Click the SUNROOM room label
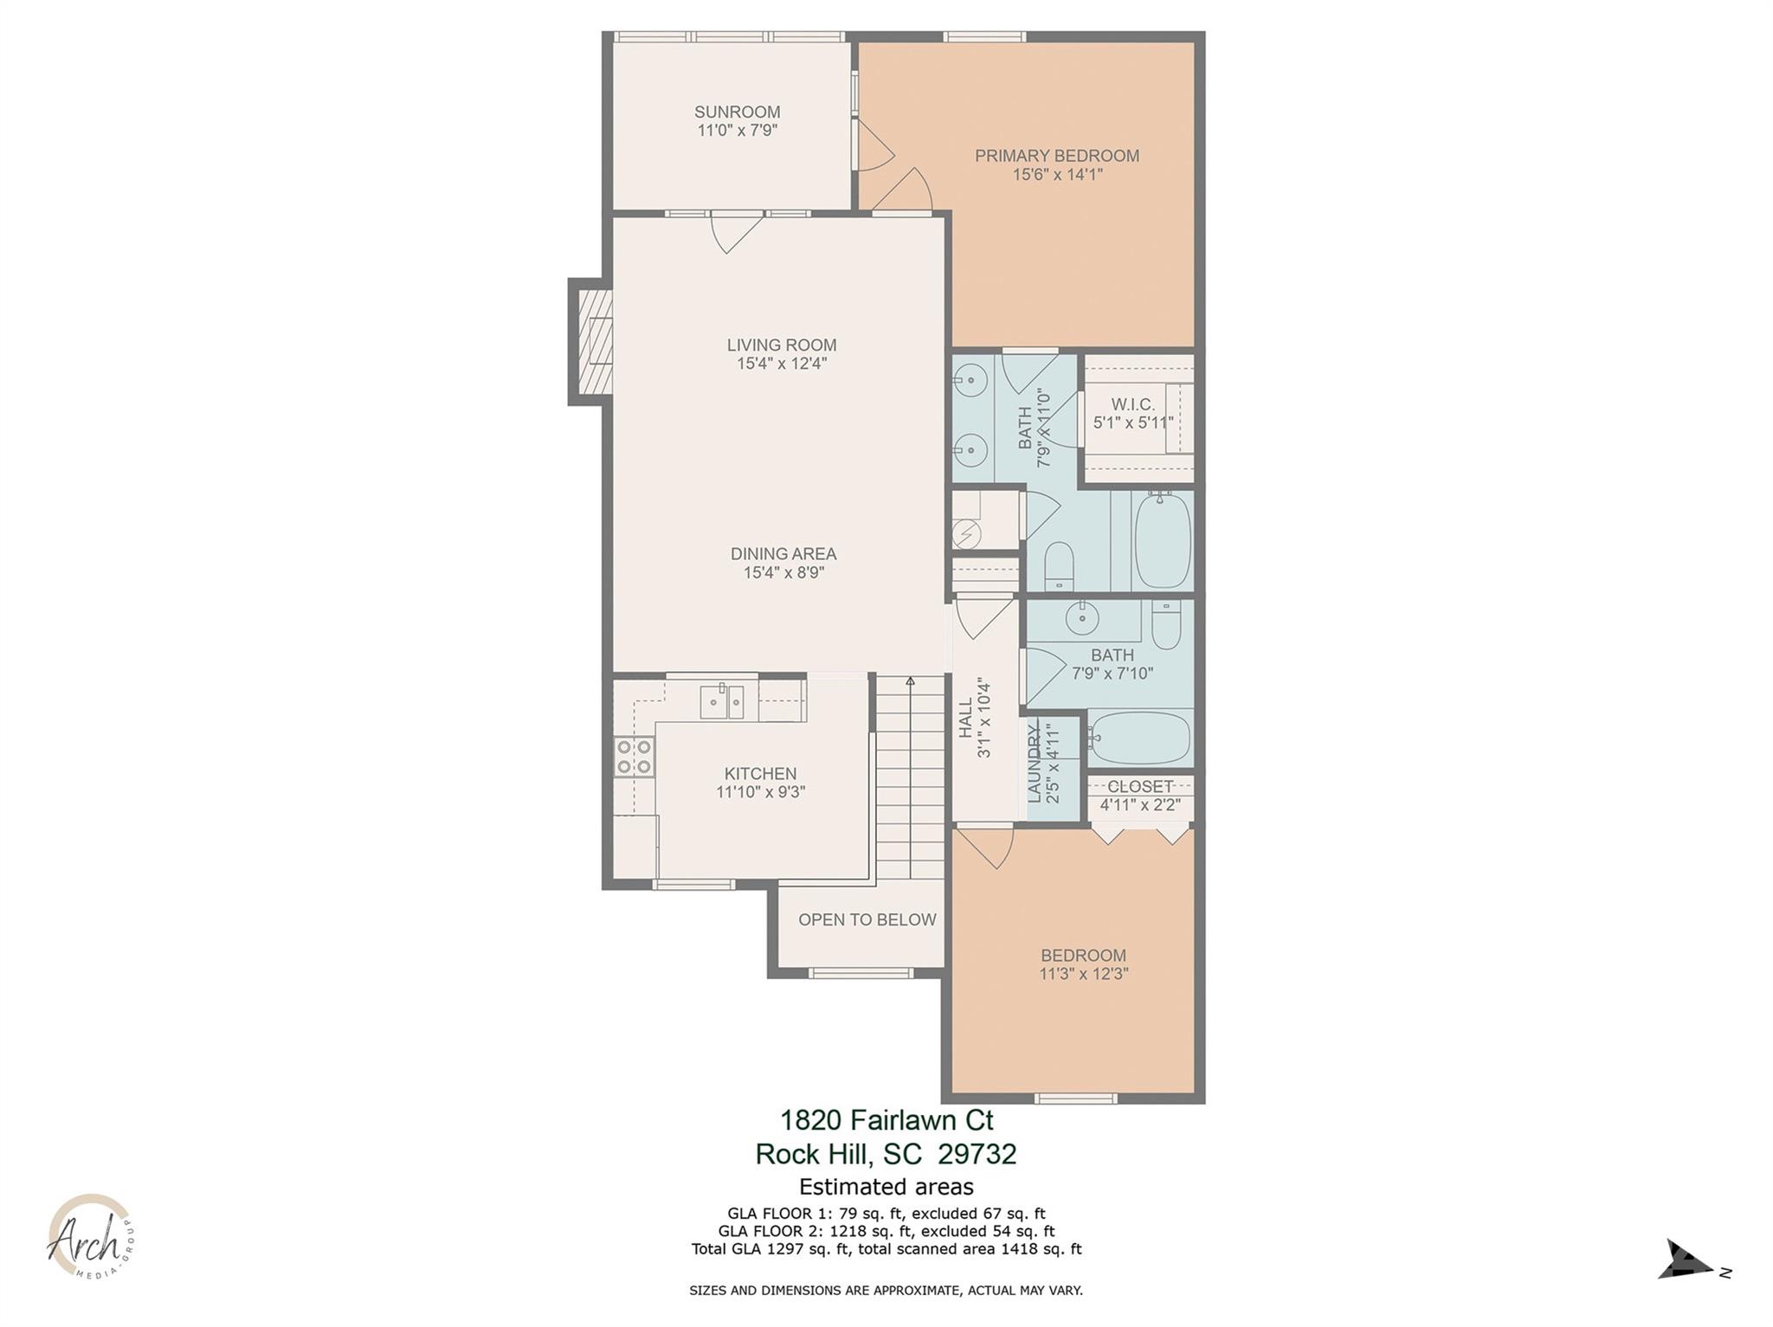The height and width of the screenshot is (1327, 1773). pos(737,112)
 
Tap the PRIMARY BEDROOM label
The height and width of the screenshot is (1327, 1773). pos(1056,156)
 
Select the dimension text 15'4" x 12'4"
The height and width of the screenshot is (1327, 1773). pos(782,364)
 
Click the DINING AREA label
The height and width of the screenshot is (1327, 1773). pos(783,553)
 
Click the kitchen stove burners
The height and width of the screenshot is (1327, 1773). pos(634,756)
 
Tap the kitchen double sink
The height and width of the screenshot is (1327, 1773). pos(722,700)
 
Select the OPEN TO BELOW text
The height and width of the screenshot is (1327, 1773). pos(867,919)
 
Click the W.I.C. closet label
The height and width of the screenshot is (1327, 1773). pos(1132,404)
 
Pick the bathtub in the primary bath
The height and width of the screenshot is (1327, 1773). pos(1163,540)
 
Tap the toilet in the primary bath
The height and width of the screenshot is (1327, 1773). pos(1058,564)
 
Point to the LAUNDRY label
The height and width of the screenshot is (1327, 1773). pos(1034,763)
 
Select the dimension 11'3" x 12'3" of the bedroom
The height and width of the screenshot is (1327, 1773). pos(1083,974)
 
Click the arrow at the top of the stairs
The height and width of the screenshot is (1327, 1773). pos(909,682)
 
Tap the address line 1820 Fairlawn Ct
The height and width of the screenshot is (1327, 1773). pos(886,1120)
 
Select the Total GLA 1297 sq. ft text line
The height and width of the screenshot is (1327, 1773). pos(886,1249)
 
